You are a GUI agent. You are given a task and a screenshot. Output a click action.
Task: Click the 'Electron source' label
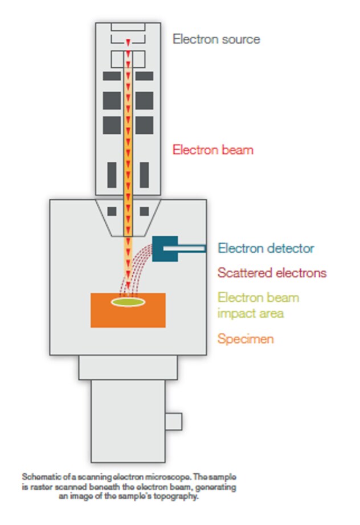[x=216, y=39]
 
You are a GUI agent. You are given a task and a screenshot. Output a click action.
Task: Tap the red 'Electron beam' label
[x=212, y=150]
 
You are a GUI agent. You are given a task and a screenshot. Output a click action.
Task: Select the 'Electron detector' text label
[x=265, y=248]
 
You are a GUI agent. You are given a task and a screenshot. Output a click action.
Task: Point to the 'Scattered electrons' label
[x=272, y=273]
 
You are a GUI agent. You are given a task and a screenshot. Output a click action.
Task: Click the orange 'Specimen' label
[x=246, y=339]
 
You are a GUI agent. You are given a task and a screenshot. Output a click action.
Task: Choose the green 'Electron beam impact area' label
[x=258, y=305]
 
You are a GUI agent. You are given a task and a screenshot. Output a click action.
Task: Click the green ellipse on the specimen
[x=128, y=302]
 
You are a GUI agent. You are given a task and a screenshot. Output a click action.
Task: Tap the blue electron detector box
[x=165, y=249]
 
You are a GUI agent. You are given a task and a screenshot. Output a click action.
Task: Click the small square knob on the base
[x=174, y=422]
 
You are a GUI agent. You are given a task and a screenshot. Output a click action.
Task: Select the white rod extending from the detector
[x=191, y=248]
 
